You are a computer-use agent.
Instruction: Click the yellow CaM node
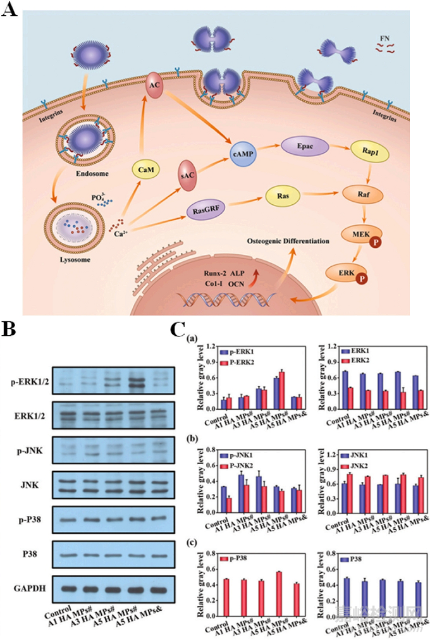[x=144, y=169]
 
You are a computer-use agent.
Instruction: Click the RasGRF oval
[x=207, y=204]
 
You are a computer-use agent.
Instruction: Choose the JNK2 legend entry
[x=362, y=465]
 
